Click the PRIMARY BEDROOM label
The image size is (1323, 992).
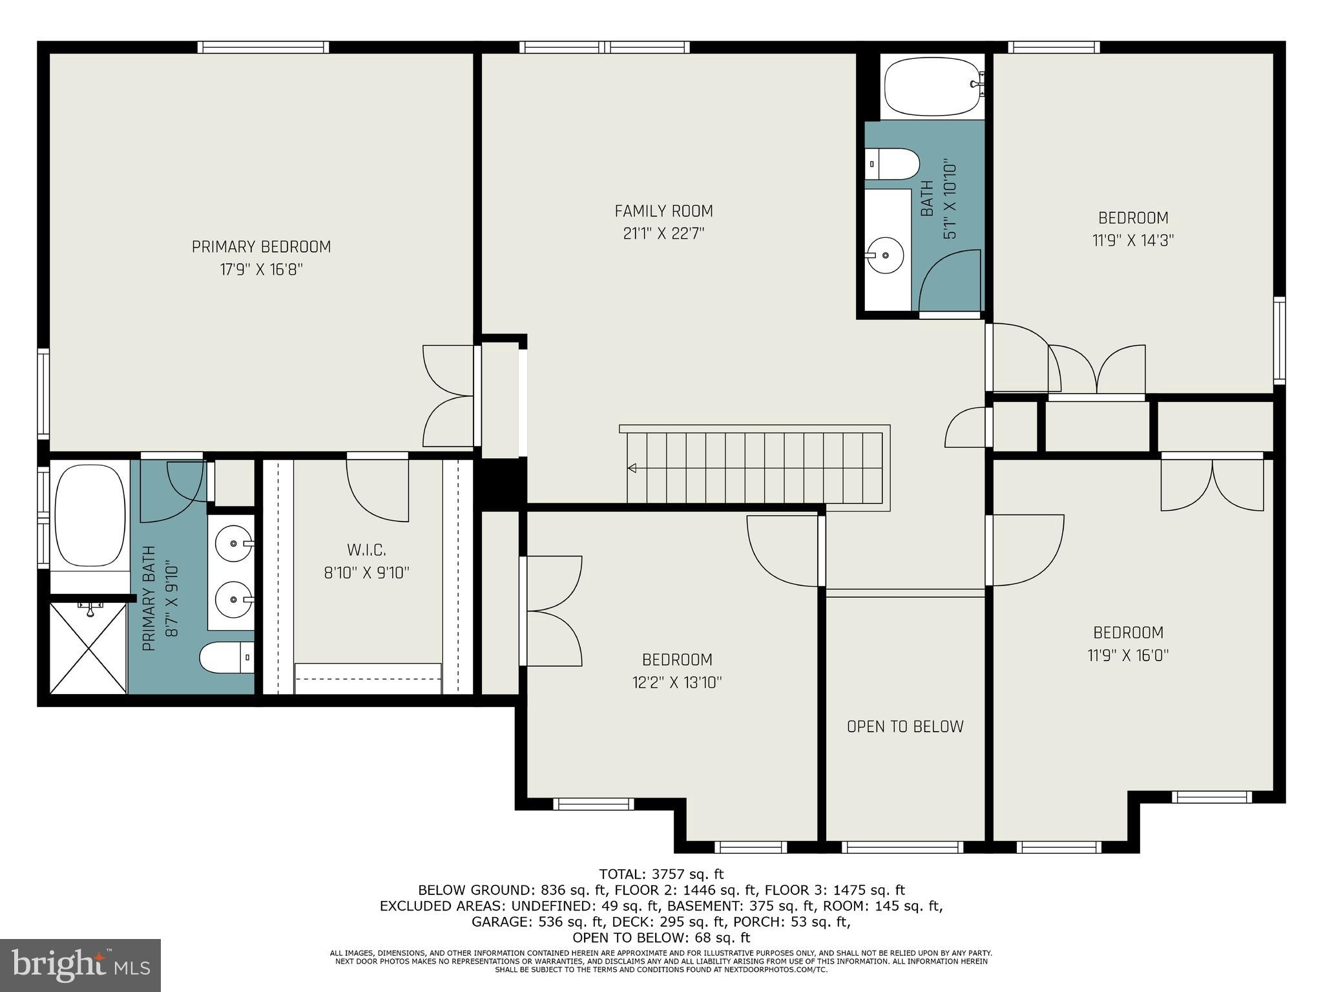261,247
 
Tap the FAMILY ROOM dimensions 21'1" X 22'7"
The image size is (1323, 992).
663,233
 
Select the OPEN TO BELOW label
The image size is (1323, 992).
904,726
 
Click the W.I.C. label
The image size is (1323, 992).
366,550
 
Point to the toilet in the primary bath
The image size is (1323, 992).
225,658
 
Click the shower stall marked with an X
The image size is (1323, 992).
88,646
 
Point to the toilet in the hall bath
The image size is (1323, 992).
891,164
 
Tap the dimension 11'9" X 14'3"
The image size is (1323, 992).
1132,240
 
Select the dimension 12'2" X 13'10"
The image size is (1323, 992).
676,682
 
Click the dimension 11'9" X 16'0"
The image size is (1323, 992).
1128,655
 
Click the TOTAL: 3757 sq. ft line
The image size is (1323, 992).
661,875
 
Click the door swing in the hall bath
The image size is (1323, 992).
946,281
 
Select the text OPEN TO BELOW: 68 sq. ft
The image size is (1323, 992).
661,938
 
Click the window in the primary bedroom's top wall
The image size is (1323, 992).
263,47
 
